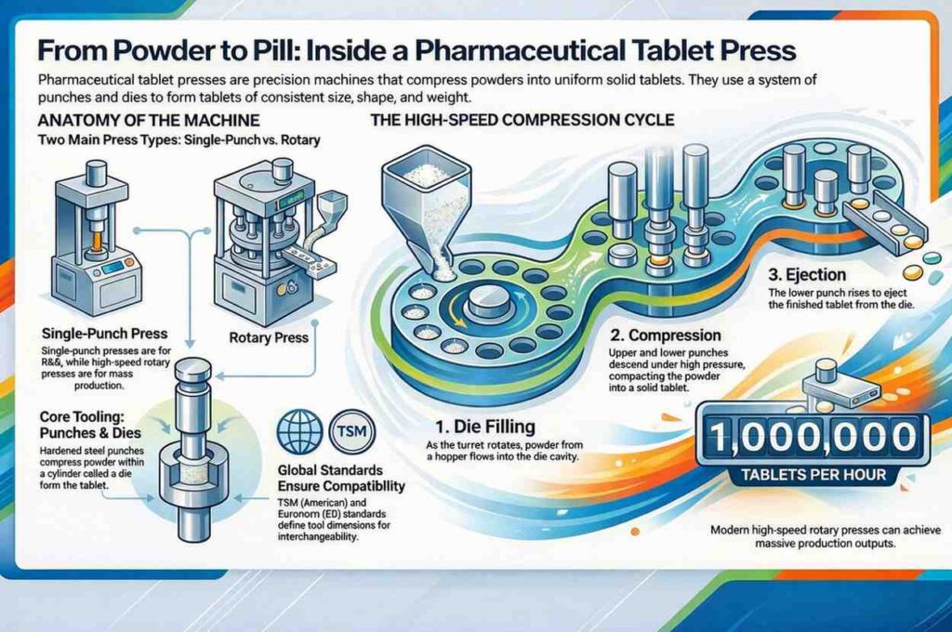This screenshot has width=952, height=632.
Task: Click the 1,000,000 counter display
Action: (x=810, y=436)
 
